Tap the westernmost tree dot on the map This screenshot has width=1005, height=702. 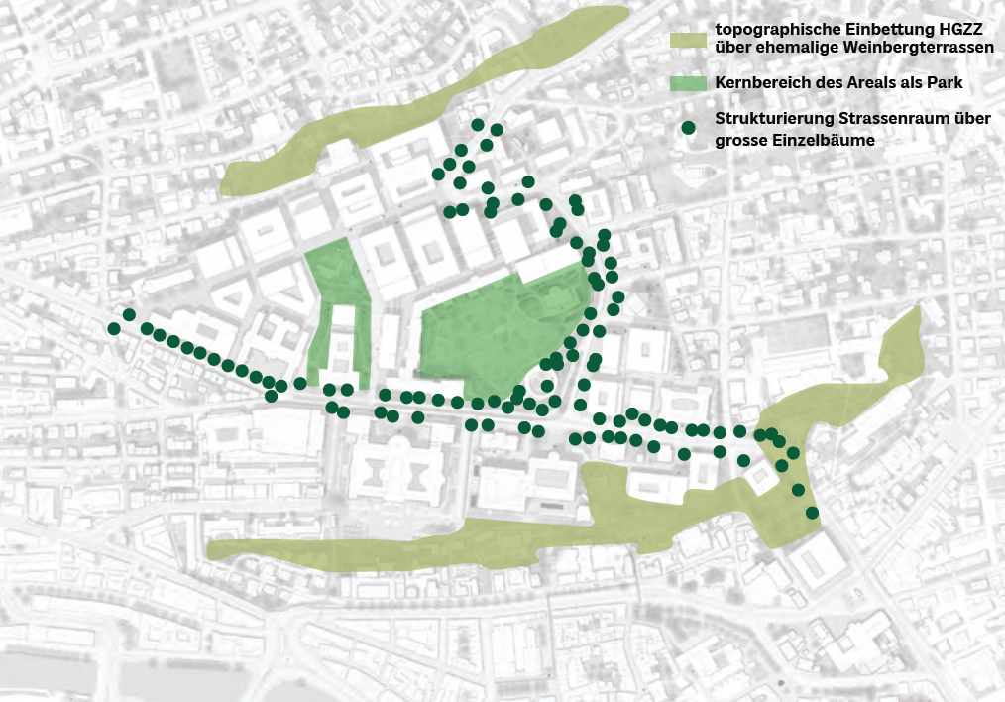click(114, 328)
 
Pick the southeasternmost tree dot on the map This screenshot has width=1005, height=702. click(812, 513)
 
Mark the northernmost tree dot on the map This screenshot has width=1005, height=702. click(478, 125)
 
